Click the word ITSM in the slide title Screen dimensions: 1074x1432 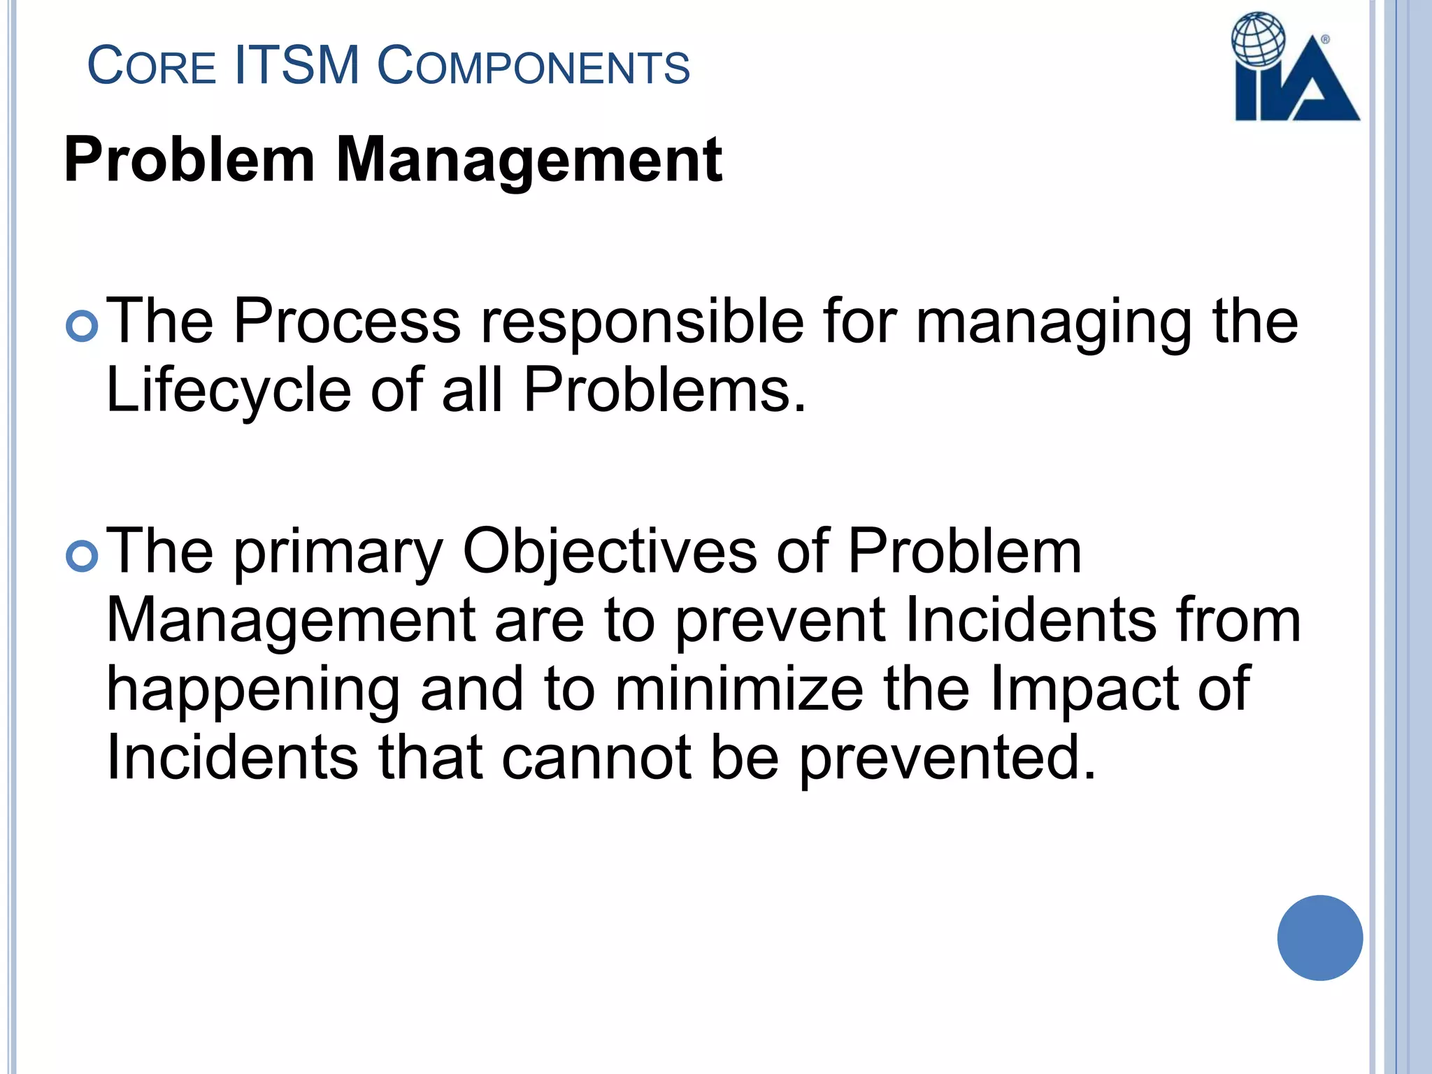pos(297,66)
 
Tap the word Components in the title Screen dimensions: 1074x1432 pos(534,66)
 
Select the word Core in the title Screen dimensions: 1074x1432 pos(151,66)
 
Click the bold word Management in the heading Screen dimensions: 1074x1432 pos(529,160)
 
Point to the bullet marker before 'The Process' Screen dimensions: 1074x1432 pos(82,326)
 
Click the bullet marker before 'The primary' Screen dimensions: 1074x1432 pos(82,556)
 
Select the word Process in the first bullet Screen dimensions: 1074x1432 pos(347,321)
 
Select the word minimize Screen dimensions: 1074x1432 pos(739,689)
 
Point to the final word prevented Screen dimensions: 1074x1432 pos(947,759)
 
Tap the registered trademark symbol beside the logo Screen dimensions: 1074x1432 pos(1325,40)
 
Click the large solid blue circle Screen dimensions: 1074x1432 pos(1319,938)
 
